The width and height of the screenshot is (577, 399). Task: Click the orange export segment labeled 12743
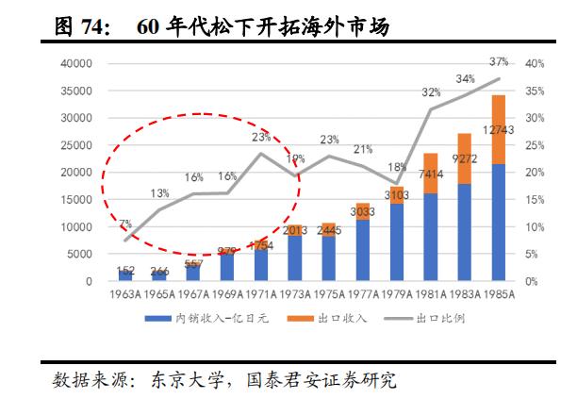click(499, 129)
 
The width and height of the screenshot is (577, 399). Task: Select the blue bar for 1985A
click(499, 223)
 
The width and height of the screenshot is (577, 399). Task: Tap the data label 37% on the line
click(499, 61)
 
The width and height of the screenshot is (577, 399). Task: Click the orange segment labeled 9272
click(465, 158)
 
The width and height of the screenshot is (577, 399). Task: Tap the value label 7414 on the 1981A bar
click(431, 175)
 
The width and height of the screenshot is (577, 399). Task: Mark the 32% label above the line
click(431, 92)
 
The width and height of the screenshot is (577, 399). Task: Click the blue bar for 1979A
click(397, 242)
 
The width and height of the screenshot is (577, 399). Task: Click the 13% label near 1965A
click(159, 193)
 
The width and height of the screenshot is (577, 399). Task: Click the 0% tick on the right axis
click(533, 281)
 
